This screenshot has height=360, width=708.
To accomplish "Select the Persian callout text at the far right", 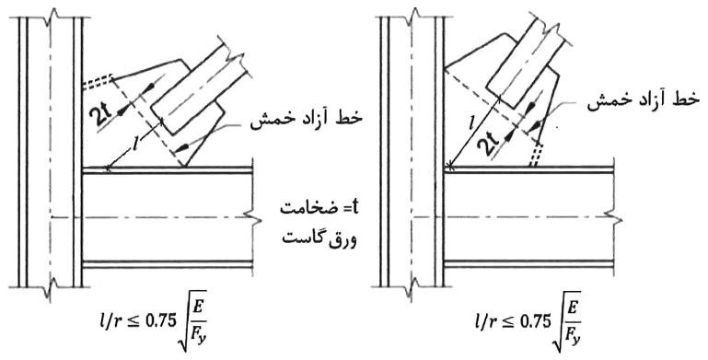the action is (640, 105).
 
